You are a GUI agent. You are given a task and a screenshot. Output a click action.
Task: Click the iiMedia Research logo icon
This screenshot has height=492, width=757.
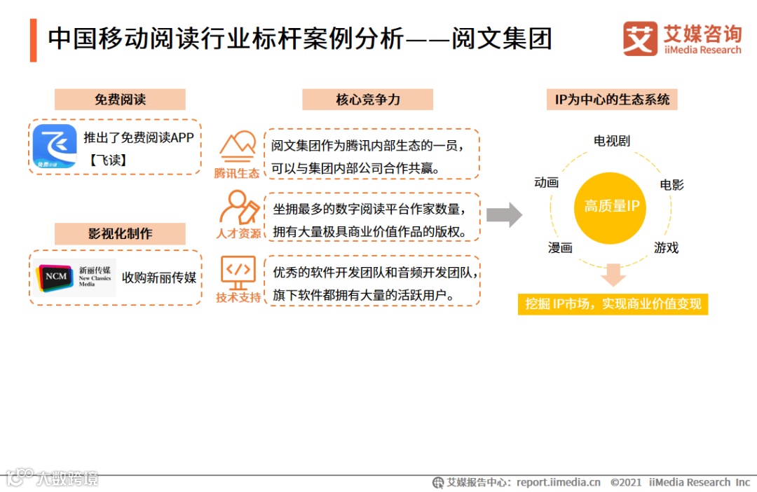pos(640,39)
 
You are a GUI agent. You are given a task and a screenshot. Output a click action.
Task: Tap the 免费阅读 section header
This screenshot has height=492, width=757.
pos(120,100)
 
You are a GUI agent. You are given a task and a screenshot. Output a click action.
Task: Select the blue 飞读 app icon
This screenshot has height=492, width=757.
pos(55,147)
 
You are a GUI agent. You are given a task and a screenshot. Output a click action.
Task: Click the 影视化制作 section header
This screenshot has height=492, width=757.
pos(120,233)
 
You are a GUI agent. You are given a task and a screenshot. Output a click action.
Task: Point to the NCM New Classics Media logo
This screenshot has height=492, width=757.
pos(74,278)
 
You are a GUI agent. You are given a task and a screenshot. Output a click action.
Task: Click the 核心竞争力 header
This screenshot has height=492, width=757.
pos(367,100)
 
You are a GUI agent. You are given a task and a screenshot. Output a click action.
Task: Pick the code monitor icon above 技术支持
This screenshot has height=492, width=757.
pos(238,272)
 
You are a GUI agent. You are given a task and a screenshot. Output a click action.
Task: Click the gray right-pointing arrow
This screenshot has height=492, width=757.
pos(504,214)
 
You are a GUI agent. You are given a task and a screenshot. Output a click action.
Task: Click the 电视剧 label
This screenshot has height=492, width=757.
pos(611,141)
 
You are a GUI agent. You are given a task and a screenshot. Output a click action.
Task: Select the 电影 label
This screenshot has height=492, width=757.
pos(671,185)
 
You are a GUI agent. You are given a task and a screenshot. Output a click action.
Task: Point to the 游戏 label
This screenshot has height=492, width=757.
pos(666,247)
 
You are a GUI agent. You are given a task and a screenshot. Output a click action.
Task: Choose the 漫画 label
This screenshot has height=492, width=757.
pos(560,247)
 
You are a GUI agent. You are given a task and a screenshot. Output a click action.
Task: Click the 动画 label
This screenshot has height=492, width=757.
pos(546,182)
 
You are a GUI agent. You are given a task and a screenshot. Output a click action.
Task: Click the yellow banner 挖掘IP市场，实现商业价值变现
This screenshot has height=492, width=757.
pos(613,304)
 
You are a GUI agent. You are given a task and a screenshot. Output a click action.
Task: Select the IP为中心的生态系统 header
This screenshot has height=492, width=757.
pos(612,100)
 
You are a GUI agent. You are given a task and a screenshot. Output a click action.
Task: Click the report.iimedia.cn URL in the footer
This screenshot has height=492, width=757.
pos(558,482)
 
